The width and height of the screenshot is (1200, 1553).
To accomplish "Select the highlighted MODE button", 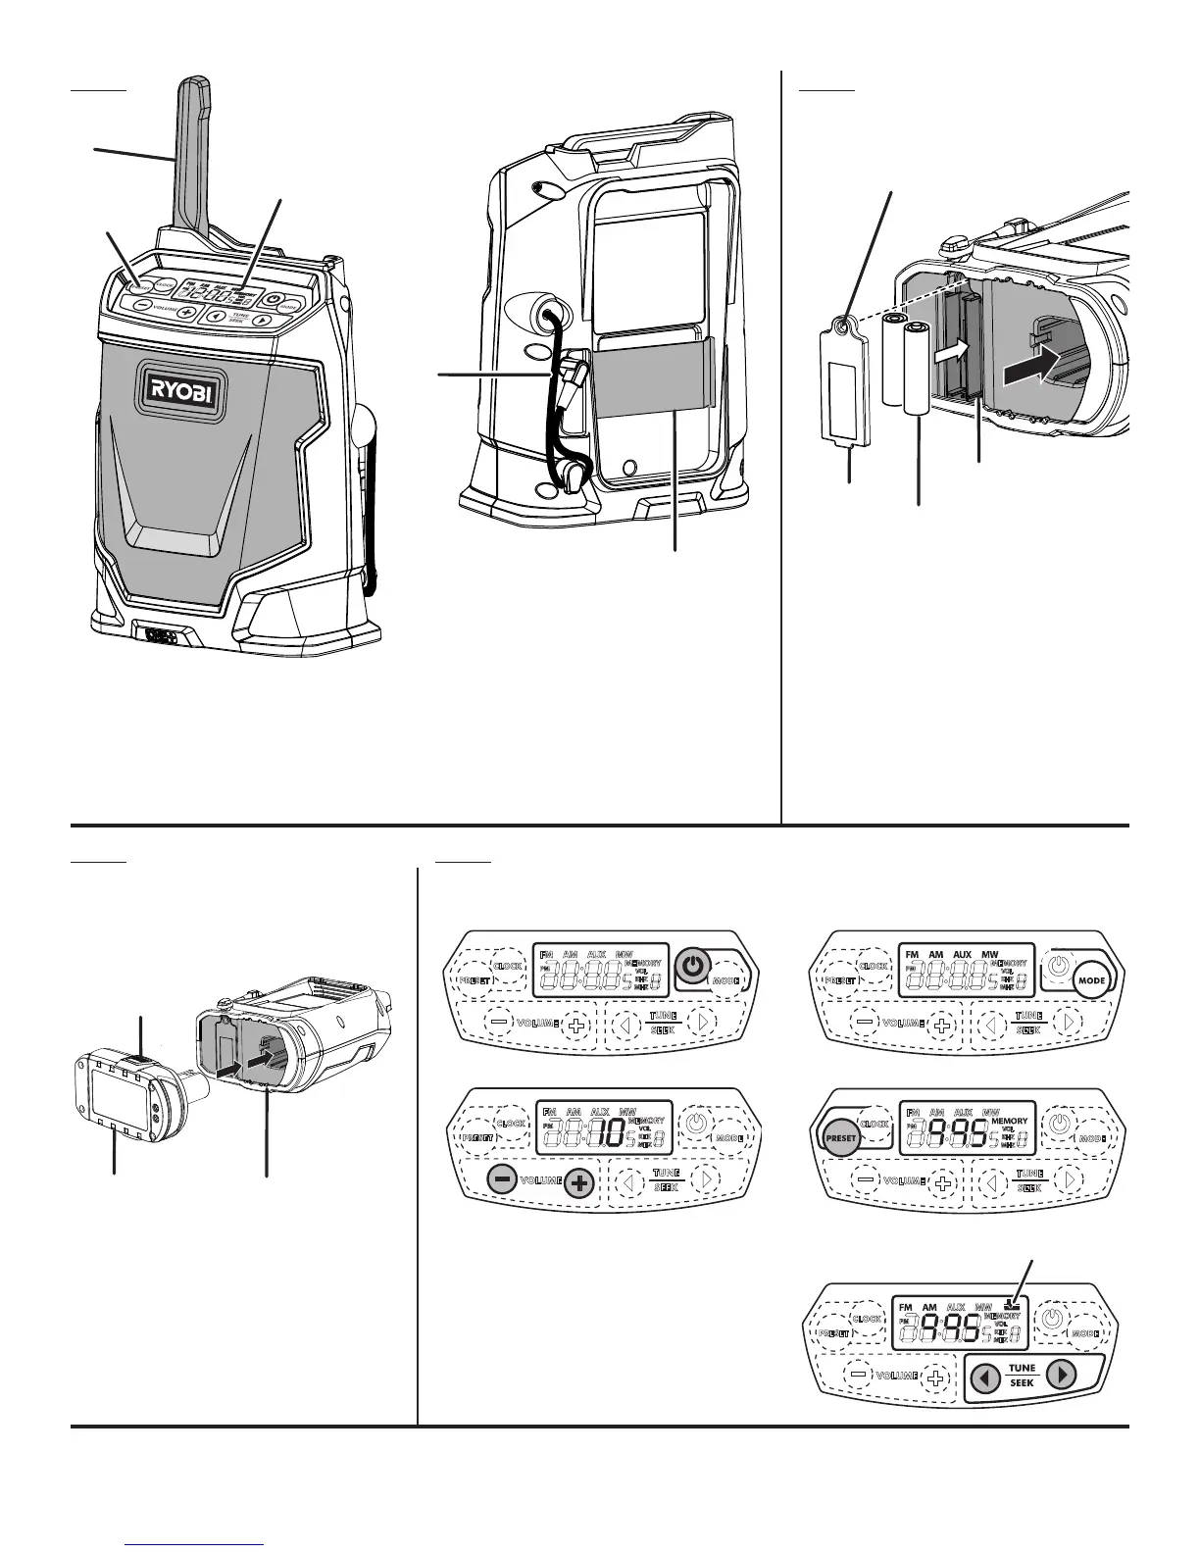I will pos(1091,979).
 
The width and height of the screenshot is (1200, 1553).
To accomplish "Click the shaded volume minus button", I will pos(502,1180).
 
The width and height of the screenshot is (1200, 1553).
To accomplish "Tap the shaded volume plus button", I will pos(580,1181).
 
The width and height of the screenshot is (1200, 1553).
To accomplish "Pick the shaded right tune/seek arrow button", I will pos(1061,1375).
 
